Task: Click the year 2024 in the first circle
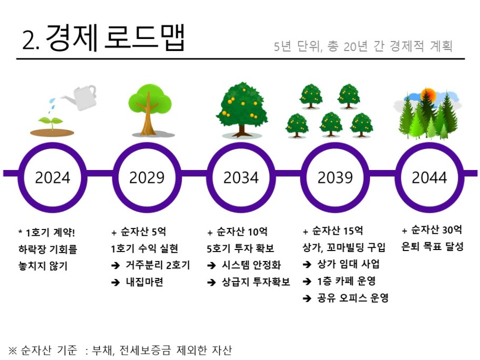click(53, 177)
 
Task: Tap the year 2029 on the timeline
click(147, 177)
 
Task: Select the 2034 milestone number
click(241, 177)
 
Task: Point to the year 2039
click(335, 177)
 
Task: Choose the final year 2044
click(429, 177)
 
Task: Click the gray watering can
click(80, 97)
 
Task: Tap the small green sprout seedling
click(52, 123)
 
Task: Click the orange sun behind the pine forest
click(428, 95)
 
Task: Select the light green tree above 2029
click(150, 110)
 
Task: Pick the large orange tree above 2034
click(242, 109)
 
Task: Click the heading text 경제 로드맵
click(115, 37)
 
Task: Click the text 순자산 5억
click(144, 232)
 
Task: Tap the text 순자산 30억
click(436, 229)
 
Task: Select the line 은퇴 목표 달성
click(433, 246)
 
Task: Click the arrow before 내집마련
click(115, 282)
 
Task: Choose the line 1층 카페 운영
click(346, 281)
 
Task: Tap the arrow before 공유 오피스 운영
click(307, 298)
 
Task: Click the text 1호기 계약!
click(50, 233)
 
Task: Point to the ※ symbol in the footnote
click(13, 350)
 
